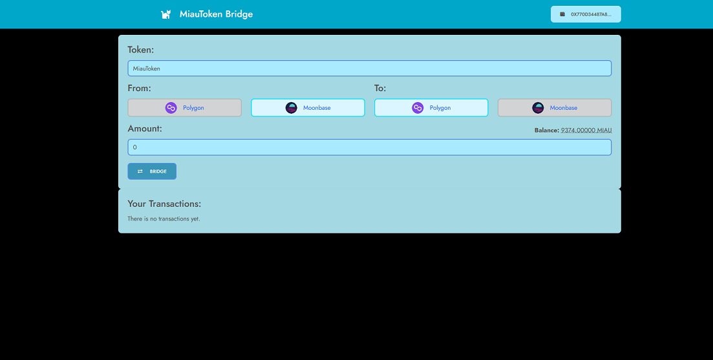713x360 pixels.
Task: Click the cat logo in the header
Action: point(166,14)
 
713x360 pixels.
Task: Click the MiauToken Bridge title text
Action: point(216,14)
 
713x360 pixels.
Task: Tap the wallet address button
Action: point(586,14)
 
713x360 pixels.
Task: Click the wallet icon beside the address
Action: point(563,14)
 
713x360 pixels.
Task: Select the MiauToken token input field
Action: point(369,69)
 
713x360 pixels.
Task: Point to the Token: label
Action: point(140,50)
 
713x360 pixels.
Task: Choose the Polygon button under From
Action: point(184,108)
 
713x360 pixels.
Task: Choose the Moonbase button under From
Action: point(308,108)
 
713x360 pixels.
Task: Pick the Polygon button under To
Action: point(431,108)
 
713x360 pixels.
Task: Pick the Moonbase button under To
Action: point(555,108)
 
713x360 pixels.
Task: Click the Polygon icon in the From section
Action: point(171,108)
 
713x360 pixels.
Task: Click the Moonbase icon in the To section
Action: point(538,108)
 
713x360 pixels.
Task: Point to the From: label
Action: point(139,88)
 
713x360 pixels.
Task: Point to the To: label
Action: point(380,88)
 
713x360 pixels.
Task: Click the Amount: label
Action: point(145,129)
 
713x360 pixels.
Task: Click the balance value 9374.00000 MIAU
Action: point(586,131)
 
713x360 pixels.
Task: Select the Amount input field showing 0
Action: point(369,147)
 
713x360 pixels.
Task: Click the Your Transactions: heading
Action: point(164,204)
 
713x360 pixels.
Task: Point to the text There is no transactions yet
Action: point(164,219)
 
